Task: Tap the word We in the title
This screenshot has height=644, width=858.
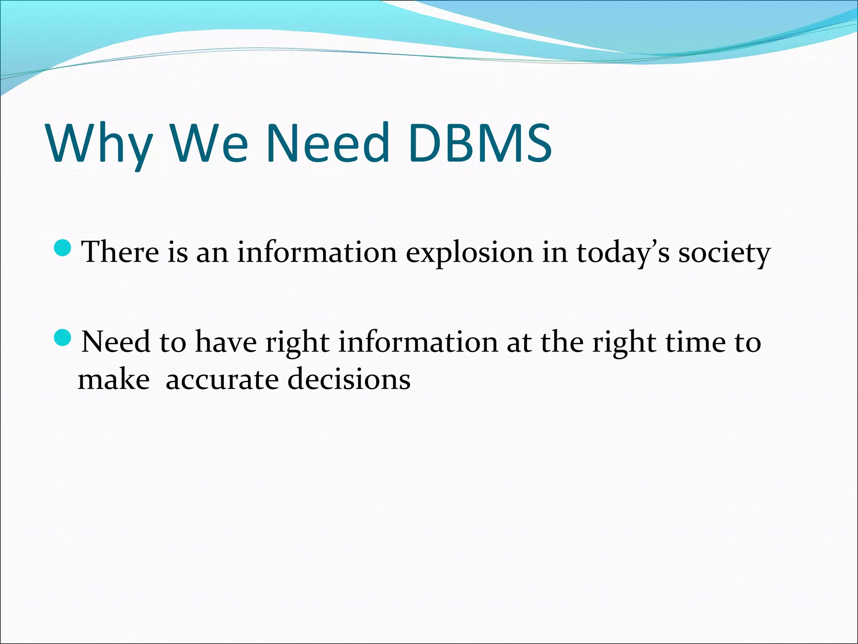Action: click(209, 143)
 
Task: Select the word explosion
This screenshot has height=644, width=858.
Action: click(469, 253)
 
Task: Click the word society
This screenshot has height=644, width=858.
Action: click(724, 253)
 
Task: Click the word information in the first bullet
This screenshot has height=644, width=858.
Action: click(317, 252)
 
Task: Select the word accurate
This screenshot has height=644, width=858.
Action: click(222, 380)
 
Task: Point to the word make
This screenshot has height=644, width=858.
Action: click(114, 379)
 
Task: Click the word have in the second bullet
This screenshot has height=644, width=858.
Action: click(226, 342)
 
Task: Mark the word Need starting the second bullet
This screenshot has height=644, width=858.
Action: click(116, 342)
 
